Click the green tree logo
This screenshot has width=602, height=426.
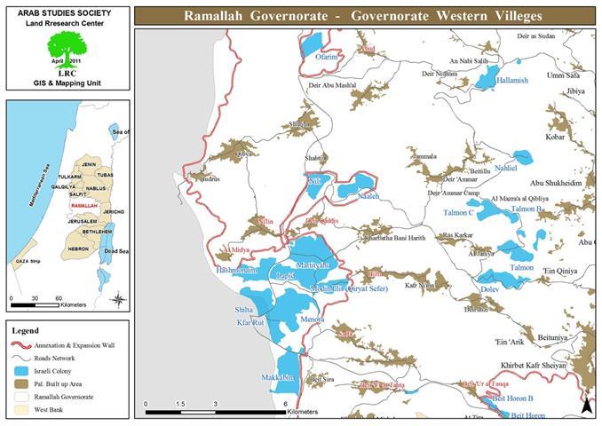coord(67,46)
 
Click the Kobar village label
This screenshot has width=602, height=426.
coord(556,138)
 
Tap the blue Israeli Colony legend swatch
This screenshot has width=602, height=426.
coord(21,370)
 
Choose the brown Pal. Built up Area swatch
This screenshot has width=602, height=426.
coord(21,383)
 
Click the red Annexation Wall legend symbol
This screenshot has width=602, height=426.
coord(21,343)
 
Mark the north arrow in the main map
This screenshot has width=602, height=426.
coord(586,405)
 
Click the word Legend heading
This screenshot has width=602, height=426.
coord(26,330)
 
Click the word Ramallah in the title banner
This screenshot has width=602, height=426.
coord(218,16)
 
